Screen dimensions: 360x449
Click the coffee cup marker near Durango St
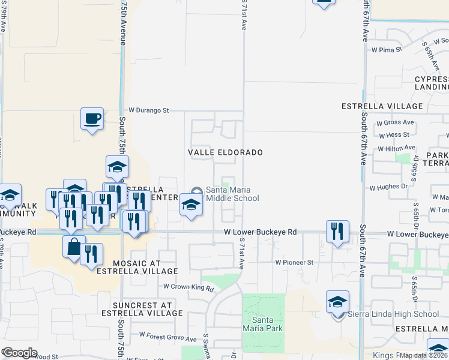92,119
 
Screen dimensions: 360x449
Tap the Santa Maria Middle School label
232,194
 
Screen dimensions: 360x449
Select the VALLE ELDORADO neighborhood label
225,152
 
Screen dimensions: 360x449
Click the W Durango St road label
149,110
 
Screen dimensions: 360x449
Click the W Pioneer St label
294,262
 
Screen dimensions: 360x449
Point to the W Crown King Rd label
189,288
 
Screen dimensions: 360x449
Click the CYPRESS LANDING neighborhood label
431,83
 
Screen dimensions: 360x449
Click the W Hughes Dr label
388,187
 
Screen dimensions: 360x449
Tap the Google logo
20,353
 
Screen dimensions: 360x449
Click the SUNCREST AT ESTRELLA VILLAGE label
137,309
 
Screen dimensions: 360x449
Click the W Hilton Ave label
396,148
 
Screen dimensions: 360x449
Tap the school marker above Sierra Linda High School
338,302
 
